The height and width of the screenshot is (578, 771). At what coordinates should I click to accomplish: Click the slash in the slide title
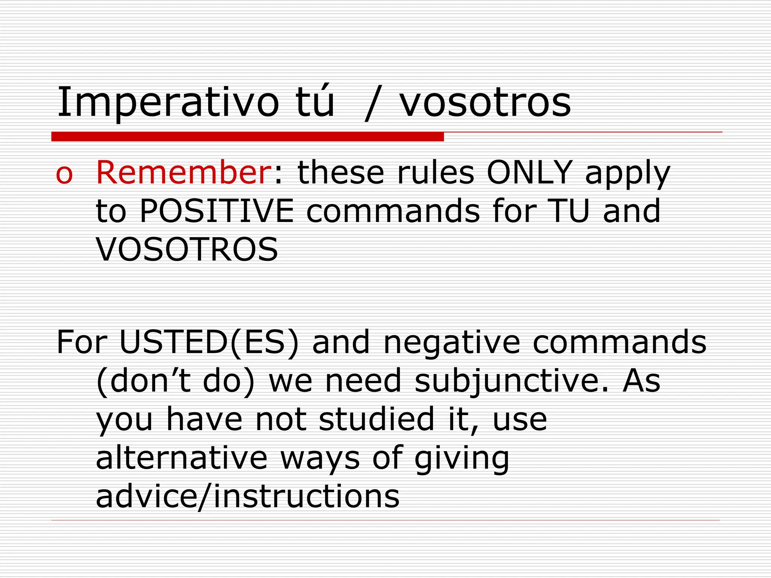tap(373, 103)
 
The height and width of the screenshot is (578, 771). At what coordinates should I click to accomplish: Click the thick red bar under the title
tap(247, 137)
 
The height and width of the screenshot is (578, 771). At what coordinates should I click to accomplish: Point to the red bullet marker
tap(64, 175)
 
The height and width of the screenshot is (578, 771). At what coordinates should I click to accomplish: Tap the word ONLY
tap(530, 173)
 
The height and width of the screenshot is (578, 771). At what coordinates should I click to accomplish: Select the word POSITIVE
tap(216, 211)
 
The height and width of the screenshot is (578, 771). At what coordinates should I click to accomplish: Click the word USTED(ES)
tap(209, 342)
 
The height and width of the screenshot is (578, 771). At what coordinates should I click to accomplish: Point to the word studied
tap(376, 419)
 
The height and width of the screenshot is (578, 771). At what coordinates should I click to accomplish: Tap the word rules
tap(436, 173)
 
